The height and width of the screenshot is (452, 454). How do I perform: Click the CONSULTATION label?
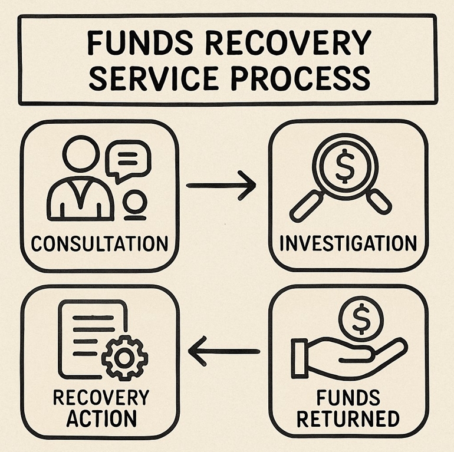[x=99, y=242]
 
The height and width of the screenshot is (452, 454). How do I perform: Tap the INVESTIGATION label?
[x=348, y=242]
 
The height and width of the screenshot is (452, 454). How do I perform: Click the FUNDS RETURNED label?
[x=348, y=407]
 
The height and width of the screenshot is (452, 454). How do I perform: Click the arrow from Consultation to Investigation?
[x=221, y=185]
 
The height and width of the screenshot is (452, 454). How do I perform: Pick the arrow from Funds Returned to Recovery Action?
[x=223, y=351]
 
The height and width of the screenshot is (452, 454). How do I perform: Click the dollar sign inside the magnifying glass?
[x=344, y=167]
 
